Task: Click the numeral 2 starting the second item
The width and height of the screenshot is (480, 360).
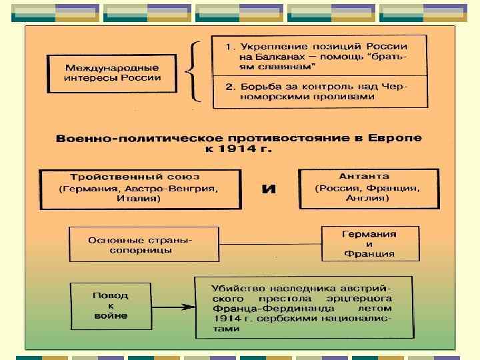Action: click(x=229, y=87)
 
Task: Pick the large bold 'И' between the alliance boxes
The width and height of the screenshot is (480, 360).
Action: click(x=268, y=189)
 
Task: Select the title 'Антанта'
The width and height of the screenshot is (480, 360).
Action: click(x=364, y=177)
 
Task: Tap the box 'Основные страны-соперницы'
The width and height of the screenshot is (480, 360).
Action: click(x=144, y=245)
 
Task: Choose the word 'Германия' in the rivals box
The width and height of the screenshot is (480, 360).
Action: click(x=369, y=234)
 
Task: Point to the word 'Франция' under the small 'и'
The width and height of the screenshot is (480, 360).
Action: click(x=369, y=254)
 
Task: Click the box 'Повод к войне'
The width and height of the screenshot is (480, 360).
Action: click(x=111, y=305)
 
